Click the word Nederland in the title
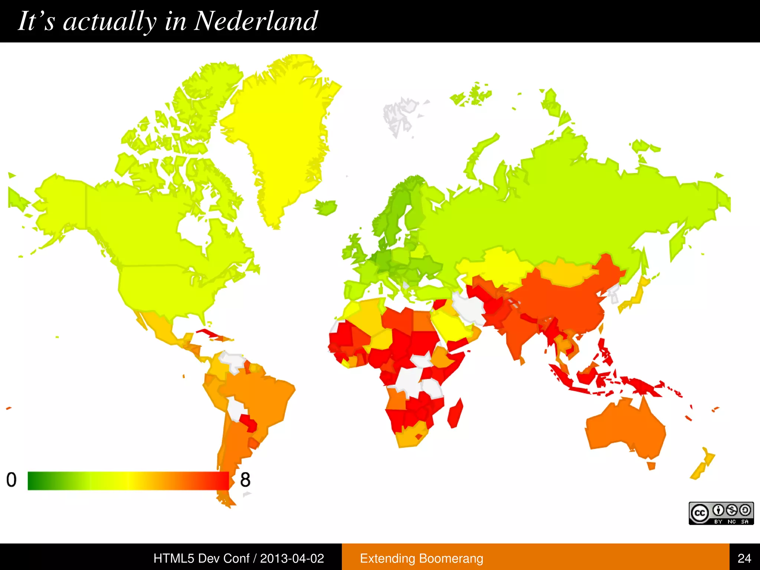coord(256,21)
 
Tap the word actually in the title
coord(109,21)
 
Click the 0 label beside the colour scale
coord(12,480)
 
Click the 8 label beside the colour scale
coord(245,480)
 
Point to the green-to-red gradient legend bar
coord(128,481)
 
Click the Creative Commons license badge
coord(721,513)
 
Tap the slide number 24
coord(744,558)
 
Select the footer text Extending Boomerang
coord(422,558)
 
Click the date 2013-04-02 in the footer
coord(292,558)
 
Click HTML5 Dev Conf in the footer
coord(202,558)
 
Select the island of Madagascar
coord(456,413)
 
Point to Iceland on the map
coord(326,207)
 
